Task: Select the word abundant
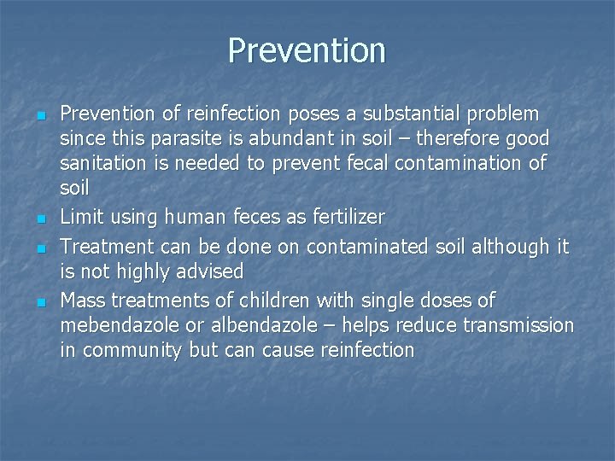click(x=281, y=137)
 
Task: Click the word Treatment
click(x=106, y=246)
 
